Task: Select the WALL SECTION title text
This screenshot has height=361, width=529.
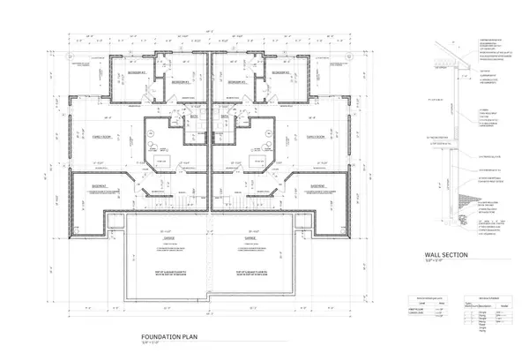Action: click(451, 257)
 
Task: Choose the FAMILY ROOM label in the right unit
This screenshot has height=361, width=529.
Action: click(315, 138)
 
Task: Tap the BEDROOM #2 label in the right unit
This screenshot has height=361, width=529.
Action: click(281, 73)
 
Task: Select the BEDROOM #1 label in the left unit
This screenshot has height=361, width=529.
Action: click(179, 83)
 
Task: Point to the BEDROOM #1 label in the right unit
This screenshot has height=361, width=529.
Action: click(237, 83)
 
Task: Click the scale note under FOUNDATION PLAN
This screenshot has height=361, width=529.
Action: click(153, 342)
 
